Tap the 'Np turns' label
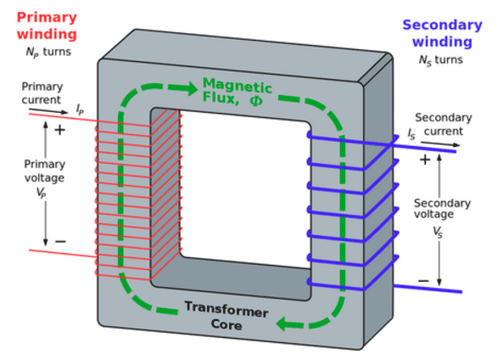point(48,53)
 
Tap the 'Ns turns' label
point(443,60)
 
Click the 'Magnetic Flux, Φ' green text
point(237,92)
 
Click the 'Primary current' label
point(42,93)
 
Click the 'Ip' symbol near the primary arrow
point(80,110)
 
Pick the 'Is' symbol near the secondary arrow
point(411,134)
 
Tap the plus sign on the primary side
point(59,130)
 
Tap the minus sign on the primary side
point(60,242)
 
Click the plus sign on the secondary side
point(425,160)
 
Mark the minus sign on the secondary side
point(423,281)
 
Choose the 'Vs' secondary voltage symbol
point(438,232)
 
